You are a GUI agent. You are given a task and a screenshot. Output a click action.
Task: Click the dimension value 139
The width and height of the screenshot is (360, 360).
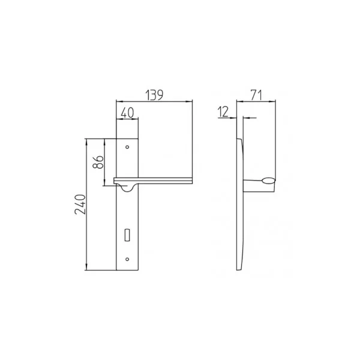(155, 95)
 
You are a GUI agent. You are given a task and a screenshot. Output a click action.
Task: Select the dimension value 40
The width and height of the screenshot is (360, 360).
(127, 113)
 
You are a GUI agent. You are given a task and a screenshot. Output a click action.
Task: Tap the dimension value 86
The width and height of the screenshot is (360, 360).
(98, 162)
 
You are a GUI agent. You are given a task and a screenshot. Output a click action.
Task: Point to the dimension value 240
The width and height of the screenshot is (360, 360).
(80, 205)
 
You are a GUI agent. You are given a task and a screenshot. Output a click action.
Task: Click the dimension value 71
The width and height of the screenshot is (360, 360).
(256, 95)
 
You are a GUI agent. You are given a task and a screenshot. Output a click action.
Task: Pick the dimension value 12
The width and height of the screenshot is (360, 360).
(223, 112)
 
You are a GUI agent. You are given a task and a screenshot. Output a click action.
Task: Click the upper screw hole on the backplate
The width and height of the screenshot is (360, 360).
(127, 147)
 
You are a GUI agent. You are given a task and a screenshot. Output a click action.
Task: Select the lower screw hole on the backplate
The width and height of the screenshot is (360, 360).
(127, 259)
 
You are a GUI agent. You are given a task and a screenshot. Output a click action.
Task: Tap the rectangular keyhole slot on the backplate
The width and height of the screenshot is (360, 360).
(127, 235)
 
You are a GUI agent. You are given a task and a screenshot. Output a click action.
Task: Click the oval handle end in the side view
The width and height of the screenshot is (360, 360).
(268, 181)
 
